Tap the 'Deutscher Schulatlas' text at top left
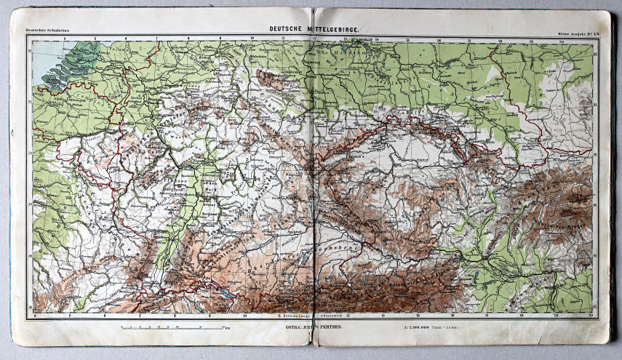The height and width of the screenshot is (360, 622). (x=45, y=31)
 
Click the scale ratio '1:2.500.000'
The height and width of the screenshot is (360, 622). (x=428, y=327)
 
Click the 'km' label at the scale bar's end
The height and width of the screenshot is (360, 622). (x=228, y=329)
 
